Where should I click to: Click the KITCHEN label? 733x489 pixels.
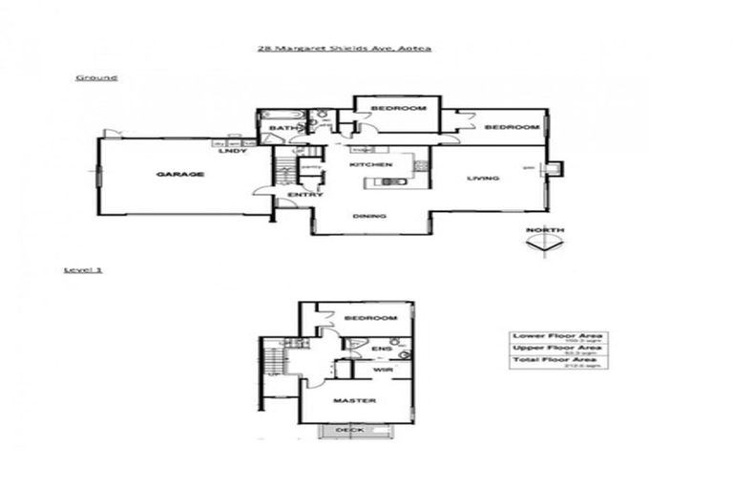click(x=371, y=165)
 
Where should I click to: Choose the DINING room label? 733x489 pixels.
click(x=369, y=216)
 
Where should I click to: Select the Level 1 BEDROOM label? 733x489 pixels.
click(x=370, y=316)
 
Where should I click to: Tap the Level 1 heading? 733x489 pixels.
click(x=82, y=270)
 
